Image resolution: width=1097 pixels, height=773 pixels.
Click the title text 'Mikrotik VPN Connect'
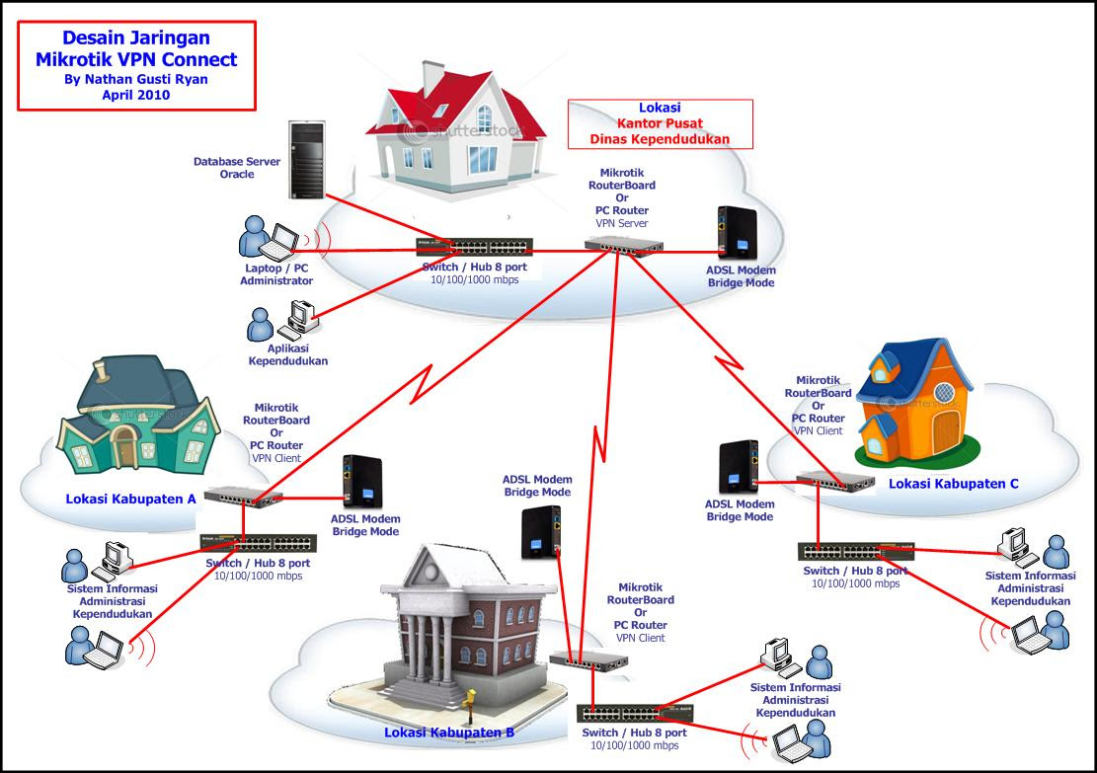(136, 59)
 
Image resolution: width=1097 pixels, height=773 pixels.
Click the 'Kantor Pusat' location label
(659, 123)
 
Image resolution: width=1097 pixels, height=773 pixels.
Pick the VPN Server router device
(624, 248)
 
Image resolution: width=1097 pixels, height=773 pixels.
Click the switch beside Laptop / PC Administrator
(474, 248)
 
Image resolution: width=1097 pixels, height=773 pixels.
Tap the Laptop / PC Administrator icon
(270, 238)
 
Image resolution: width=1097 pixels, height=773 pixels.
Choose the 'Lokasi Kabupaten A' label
(130, 499)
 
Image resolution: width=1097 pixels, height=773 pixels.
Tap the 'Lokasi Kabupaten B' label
(449, 733)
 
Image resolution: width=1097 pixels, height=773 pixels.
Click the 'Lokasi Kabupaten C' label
(953, 484)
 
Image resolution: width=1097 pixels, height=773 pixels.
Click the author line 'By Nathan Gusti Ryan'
(136, 79)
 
